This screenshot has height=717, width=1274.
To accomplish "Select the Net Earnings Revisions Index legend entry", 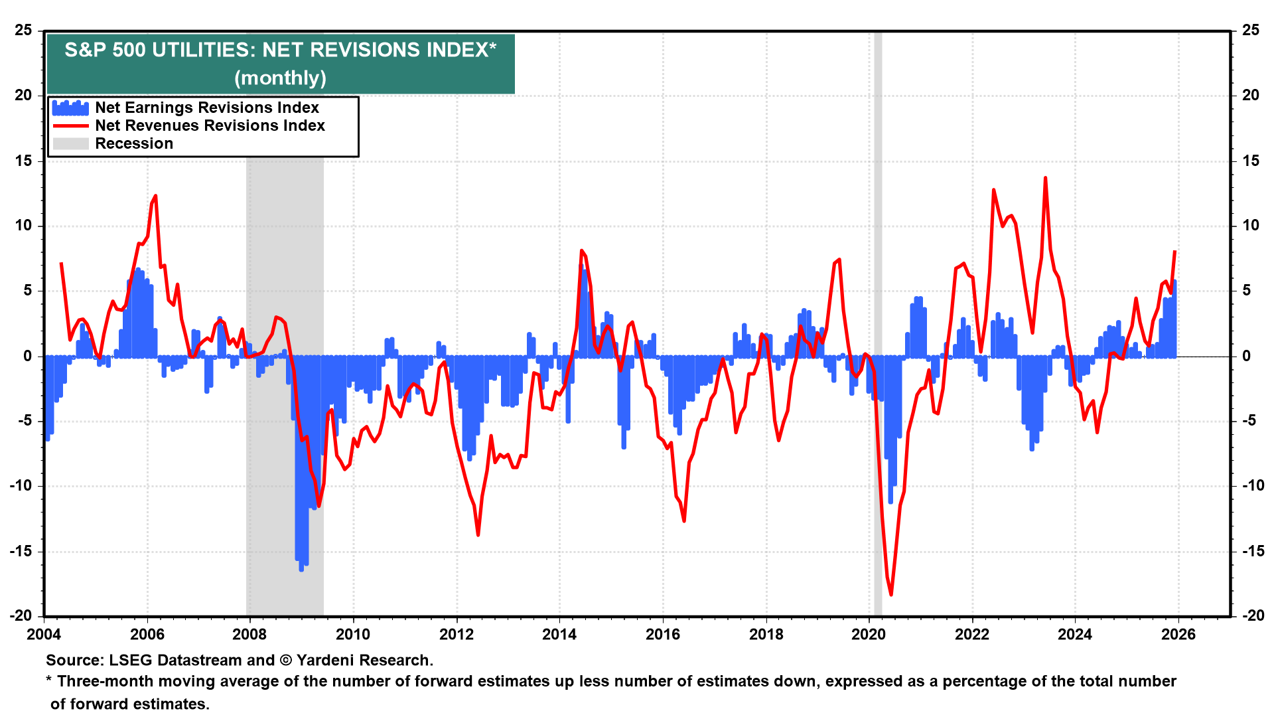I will click(206, 108).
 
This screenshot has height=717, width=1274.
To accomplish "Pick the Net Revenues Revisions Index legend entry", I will click(210, 125).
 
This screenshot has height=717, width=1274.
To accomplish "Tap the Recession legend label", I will click(134, 143).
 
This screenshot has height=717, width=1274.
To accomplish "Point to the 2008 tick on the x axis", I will click(249, 634).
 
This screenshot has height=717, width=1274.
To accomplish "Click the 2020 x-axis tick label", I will click(869, 634).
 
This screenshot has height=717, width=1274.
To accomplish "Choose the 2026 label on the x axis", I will click(1178, 634).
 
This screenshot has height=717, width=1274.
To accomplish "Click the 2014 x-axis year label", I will click(559, 634).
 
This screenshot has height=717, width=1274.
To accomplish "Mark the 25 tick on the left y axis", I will click(24, 31).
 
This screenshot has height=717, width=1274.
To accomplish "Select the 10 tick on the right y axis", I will click(1250, 226).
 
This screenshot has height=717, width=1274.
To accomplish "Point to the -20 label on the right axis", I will click(1251, 615).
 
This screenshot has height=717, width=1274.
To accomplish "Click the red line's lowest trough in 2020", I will click(890, 594).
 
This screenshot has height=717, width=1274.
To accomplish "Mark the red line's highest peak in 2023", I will click(1045, 178).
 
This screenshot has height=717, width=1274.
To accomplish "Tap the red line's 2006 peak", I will click(155, 196).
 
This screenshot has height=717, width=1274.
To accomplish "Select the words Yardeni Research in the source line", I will click(364, 661).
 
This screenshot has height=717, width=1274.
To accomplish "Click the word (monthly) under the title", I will click(280, 78).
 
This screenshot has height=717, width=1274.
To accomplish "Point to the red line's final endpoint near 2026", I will click(1174, 252).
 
